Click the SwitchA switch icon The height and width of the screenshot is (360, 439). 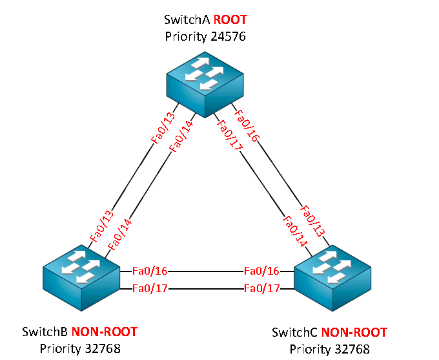click(x=205, y=85)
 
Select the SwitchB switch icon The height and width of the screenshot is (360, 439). click(x=81, y=277)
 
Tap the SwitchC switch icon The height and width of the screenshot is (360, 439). click(x=332, y=278)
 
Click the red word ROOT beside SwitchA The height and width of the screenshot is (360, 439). click(x=230, y=19)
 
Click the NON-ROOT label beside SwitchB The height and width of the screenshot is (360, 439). click(x=105, y=332)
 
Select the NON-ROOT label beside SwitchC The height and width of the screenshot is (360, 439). click(x=354, y=332)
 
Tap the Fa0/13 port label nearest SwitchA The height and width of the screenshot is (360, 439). click(x=163, y=127)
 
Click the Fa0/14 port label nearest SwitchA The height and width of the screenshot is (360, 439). click(x=181, y=136)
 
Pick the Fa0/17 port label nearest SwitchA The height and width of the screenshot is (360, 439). click(x=230, y=135)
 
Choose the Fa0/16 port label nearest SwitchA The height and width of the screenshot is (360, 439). click(x=247, y=125)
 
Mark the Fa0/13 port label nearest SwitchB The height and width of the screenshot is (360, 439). click(x=102, y=226)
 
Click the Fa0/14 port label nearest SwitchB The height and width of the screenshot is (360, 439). click(x=119, y=235)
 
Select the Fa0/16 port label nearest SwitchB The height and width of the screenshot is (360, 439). click(x=150, y=271)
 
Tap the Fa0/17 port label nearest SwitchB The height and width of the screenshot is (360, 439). click(x=150, y=288)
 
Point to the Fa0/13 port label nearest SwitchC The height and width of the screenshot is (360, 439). click(x=312, y=221)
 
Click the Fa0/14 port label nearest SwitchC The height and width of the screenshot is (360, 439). click(x=295, y=231)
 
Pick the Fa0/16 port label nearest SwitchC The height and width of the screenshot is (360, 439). click(x=261, y=271)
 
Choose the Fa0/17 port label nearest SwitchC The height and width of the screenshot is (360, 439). click(x=261, y=288)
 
